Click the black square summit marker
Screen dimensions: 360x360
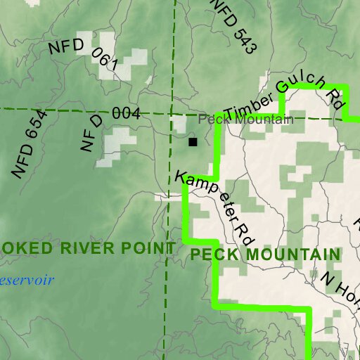pos(193,142)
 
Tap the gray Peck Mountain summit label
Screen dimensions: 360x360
pos(245,120)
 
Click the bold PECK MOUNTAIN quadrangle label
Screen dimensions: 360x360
pos(265,254)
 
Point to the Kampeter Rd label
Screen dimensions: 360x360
pos(215,203)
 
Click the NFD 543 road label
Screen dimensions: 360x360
pos(233,27)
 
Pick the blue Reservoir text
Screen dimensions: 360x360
pos(26,280)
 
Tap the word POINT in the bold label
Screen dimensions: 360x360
pos(148,247)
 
